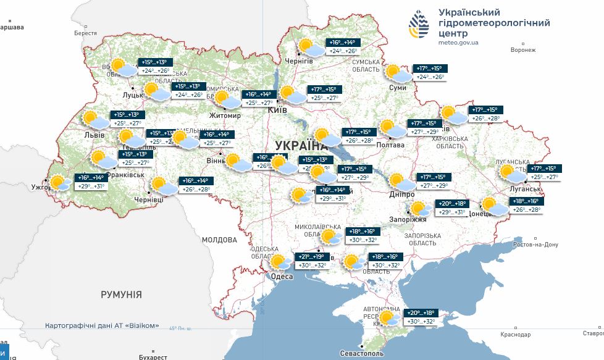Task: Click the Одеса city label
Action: tap(282, 277)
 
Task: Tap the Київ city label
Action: tap(278, 109)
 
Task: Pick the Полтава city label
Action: tap(390, 145)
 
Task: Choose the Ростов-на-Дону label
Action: tap(531, 245)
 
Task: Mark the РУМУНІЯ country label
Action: tap(121, 295)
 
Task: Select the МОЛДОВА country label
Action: tap(219, 240)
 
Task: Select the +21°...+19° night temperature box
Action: tap(312, 257)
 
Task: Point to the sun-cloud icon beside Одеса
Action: tap(280, 262)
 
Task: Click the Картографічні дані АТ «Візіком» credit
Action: tap(102, 325)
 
